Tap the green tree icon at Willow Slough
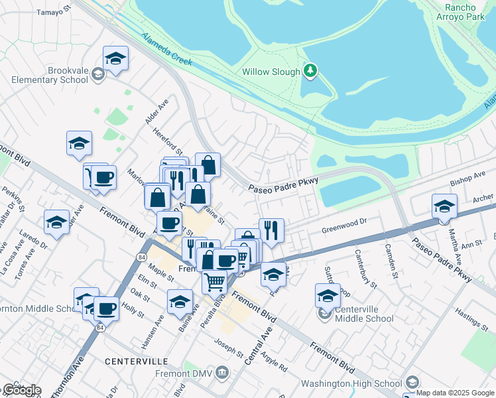[x=310, y=70]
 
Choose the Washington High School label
[x=351, y=383]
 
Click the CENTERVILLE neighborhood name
[x=136, y=362]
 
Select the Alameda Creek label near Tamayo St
[x=166, y=50]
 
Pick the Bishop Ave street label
[x=467, y=178]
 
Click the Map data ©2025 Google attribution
[x=456, y=393]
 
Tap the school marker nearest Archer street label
[x=444, y=206]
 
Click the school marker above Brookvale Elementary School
[x=115, y=58]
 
